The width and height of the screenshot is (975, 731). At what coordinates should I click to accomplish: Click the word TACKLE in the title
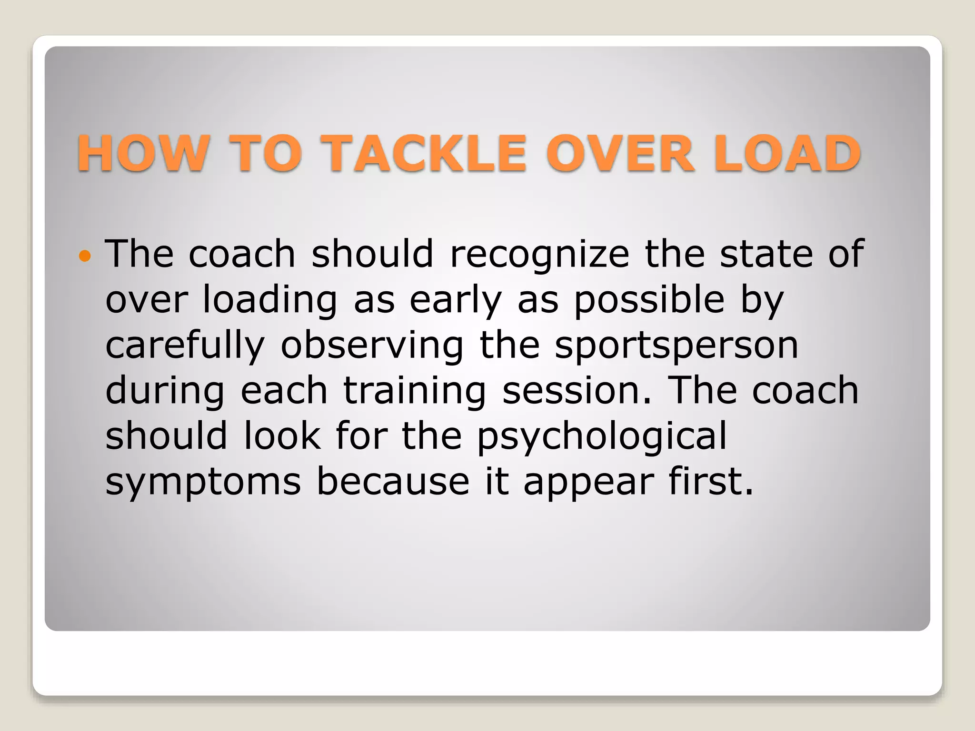pos(424,153)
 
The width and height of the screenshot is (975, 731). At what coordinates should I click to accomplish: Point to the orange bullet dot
pos(85,256)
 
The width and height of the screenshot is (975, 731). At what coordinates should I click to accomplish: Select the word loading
pos(270,301)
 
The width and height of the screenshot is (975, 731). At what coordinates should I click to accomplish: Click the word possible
pos(649,301)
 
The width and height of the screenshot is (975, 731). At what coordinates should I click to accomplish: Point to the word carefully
pos(185,346)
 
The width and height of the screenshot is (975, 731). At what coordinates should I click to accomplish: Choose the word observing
pos(372,346)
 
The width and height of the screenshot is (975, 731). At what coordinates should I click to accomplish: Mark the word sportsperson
pos(677,346)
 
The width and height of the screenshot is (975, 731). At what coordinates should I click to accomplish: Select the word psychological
pos(602,437)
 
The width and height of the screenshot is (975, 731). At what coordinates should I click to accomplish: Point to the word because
pos(393,482)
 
